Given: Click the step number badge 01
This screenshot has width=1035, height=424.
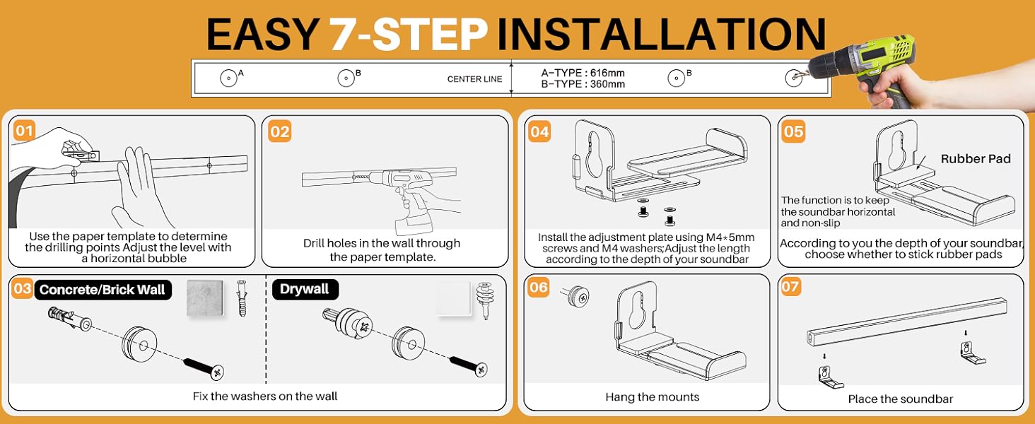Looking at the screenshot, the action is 24,131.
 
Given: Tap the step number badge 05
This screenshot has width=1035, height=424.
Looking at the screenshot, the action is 793,131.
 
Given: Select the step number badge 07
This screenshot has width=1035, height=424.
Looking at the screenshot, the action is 790,287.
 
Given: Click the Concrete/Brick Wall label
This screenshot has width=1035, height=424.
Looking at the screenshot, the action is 103,290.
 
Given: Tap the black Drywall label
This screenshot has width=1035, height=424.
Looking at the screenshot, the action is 305,289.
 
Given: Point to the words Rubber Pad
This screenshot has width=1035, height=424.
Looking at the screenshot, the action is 976,159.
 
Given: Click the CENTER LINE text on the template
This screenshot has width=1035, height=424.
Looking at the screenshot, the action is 474,79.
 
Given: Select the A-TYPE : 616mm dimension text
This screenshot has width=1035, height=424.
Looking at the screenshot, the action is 583,73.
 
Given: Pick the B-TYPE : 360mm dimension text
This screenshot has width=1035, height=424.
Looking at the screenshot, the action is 583,84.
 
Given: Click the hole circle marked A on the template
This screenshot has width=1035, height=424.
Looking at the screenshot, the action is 228,78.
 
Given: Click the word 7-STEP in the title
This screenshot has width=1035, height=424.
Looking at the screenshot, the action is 409,34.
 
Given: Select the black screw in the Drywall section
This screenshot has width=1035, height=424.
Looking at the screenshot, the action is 469,366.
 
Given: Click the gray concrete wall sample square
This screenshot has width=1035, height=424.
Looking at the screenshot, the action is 205,298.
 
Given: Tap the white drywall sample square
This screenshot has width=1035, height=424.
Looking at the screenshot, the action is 453,298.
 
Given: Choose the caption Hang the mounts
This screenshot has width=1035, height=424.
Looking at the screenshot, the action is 653,396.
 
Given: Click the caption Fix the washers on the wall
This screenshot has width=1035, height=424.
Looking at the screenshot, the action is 264,396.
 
